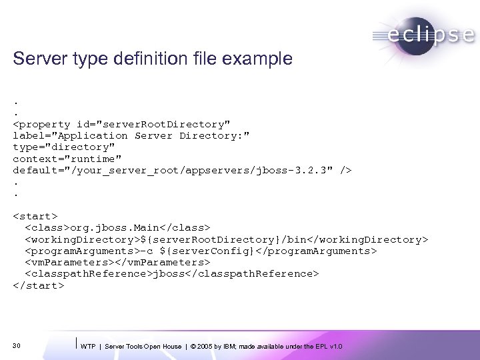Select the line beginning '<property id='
coord(121,124)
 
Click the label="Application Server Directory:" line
coord(131,135)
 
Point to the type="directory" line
coord(64,147)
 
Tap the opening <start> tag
coord(35,216)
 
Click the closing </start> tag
coord(38,285)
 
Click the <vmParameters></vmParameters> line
coord(113,262)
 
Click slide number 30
coord(17,345)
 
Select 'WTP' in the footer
coord(87,347)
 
